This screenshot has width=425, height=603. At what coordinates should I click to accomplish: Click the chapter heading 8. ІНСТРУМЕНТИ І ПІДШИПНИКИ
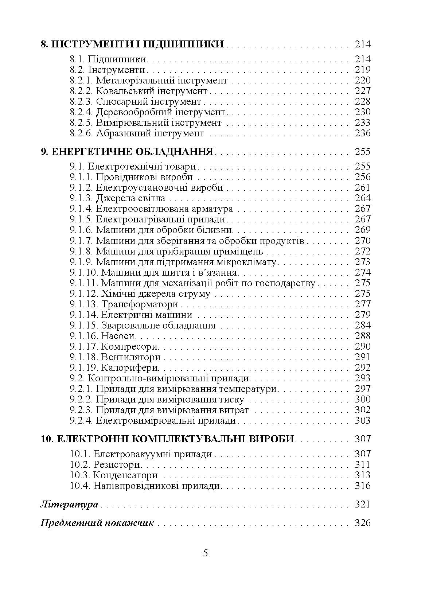(132, 44)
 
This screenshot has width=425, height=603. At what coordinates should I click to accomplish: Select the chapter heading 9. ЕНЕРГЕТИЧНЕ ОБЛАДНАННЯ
(127, 152)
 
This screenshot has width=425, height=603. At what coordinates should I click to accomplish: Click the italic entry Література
(69, 505)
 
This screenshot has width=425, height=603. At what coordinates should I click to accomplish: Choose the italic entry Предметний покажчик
(97, 523)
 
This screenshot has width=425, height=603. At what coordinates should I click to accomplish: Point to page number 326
(362, 523)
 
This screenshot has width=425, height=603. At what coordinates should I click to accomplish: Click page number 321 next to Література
(362, 505)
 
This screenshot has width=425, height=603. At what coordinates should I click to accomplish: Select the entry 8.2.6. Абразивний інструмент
(137, 133)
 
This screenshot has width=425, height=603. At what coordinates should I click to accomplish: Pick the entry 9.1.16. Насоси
(103, 336)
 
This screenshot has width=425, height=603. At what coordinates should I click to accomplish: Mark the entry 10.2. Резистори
(105, 465)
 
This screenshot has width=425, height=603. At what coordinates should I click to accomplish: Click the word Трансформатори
(140, 304)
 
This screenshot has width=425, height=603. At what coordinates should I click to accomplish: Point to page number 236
(362, 133)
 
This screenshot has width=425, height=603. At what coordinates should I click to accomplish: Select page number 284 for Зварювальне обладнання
(362, 325)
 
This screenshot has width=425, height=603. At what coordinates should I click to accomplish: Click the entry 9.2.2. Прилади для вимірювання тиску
(157, 399)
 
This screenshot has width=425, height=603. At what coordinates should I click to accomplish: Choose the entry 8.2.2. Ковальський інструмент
(139, 91)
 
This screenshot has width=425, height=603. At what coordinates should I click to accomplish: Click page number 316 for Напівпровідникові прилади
(362, 486)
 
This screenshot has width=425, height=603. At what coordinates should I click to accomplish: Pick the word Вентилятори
(131, 357)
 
